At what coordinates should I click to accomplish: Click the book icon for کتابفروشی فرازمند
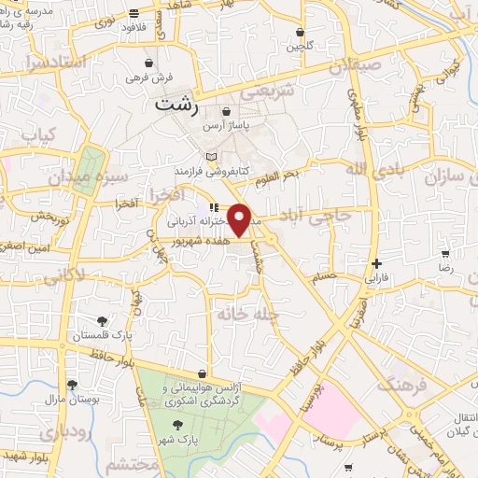pyautogui.click(x=212, y=156)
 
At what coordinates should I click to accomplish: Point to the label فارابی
pyautogui.click(x=375, y=277)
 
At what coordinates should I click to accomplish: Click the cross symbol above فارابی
pyautogui.click(x=376, y=263)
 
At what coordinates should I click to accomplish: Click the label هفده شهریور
pyautogui.click(x=207, y=241)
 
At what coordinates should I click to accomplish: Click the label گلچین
pyautogui.click(x=300, y=46)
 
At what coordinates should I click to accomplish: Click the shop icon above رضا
pyautogui.click(x=446, y=253)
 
